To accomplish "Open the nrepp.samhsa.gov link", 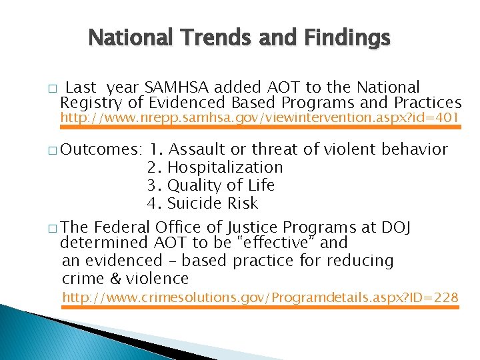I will (x=260, y=118).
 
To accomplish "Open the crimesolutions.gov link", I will (x=260, y=297).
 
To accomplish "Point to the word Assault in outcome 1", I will (x=201, y=149).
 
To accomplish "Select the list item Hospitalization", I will (x=225, y=167).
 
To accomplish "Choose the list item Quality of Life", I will (x=221, y=185).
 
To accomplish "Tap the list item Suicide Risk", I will (x=212, y=203).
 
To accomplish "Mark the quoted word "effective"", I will (x=287, y=243).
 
